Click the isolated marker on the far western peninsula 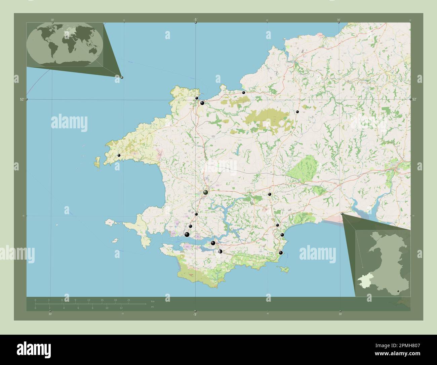[119, 155]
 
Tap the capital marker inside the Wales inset [398, 291]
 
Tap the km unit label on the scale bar [153, 301]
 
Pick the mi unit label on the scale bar [152, 307]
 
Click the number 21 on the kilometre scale [128, 300]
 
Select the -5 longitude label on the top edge [195, 20]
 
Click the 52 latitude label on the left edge [22, 99]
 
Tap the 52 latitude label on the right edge [414, 99]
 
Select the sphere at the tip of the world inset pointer [122, 77]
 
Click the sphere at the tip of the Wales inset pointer [342, 213]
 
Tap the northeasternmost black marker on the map [297, 111]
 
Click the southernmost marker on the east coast [281, 253]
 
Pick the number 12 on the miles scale [121, 308]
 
